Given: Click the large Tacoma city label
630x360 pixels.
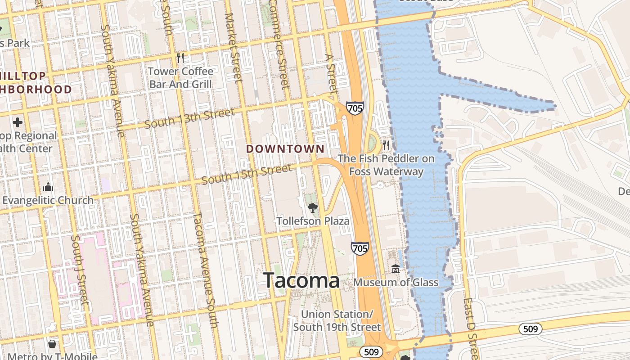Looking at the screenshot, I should click(301, 280).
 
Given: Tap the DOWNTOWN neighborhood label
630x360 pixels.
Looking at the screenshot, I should click(285, 149).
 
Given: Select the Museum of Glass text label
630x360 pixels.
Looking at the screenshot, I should click(396, 283).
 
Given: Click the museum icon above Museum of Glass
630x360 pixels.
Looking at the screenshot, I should click(396, 269).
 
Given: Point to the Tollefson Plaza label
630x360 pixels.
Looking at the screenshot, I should click(313, 221).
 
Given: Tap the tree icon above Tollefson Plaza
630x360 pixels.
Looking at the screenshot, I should click(312, 207).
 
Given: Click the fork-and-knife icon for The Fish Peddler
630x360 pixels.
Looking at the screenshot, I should click(386, 145).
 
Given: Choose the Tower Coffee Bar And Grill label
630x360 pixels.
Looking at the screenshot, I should click(180, 77).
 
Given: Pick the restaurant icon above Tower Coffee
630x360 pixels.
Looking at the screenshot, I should click(180, 58).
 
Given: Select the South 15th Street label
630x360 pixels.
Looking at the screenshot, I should click(246, 175).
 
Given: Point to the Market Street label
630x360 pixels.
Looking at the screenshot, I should click(233, 47).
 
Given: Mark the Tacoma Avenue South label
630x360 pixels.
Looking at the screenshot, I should click(205, 270).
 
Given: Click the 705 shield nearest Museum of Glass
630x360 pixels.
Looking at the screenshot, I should click(360, 248).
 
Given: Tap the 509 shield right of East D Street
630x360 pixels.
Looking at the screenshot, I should click(531, 329).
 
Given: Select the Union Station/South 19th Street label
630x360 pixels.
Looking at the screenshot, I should click(337, 320).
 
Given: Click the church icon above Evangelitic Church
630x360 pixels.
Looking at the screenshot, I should click(48, 187).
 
